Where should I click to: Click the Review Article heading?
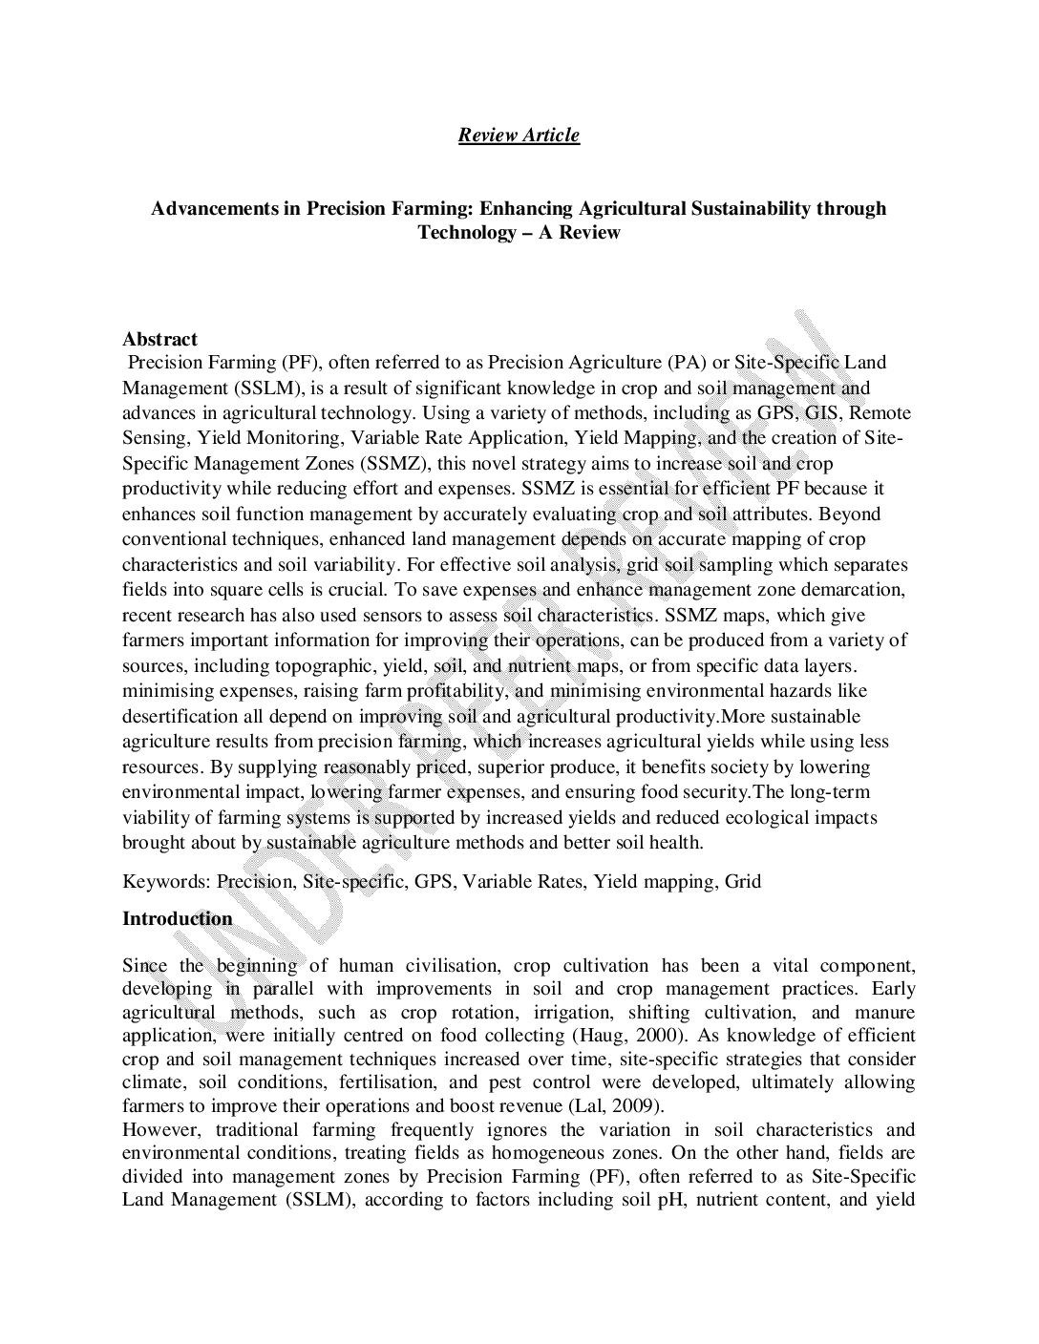(x=519, y=135)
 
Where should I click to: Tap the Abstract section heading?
(x=159, y=339)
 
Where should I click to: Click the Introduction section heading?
(x=178, y=918)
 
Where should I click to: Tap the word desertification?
(x=181, y=716)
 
